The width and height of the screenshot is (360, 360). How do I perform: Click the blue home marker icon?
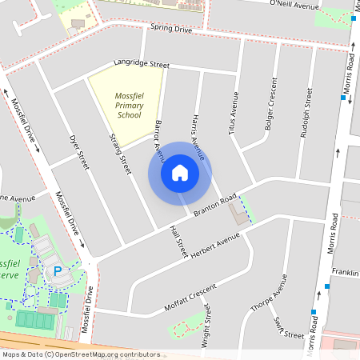(x=180, y=173)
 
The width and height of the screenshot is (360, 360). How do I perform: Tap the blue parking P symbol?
(x=58, y=272)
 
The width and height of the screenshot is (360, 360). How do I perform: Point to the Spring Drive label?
(x=171, y=30)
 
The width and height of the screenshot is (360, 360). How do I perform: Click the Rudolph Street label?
(x=304, y=113)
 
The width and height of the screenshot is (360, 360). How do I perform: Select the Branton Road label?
(x=214, y=205)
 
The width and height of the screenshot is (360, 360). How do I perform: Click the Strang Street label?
(x=119, y=154)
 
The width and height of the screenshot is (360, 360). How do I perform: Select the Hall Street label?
(x=178, y=237)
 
